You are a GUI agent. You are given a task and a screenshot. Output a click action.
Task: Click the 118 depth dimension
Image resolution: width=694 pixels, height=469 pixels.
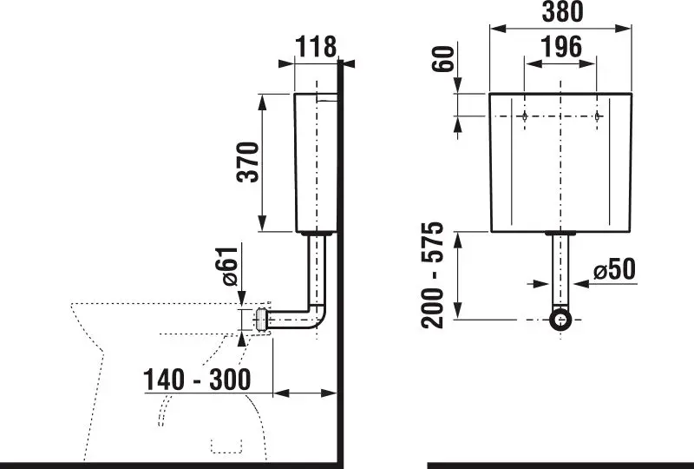(x=316, y=47)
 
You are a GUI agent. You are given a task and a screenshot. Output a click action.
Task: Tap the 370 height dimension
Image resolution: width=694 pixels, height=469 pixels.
(x=247, y=162)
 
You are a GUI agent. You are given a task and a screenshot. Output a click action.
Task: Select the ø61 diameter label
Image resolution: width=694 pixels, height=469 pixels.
(x=229, y=267)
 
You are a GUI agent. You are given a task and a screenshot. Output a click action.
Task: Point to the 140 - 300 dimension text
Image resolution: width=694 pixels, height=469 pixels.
(x=197, y=380)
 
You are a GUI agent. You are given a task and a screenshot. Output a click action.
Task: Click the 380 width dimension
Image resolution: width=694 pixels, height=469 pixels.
(x=562, y=12)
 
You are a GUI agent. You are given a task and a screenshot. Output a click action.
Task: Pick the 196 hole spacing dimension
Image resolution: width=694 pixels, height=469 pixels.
(x=561, y=47)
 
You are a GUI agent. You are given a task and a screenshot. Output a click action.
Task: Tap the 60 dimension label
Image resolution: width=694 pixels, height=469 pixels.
(x=443, y=58)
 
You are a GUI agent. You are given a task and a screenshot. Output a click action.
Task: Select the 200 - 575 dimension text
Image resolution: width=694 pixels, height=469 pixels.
(x=432, y=274)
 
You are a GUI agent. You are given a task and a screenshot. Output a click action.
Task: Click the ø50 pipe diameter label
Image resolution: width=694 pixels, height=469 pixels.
(x=614, y=269)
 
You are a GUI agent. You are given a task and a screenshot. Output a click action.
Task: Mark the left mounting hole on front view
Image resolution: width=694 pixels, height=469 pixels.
(x=525, y=116)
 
